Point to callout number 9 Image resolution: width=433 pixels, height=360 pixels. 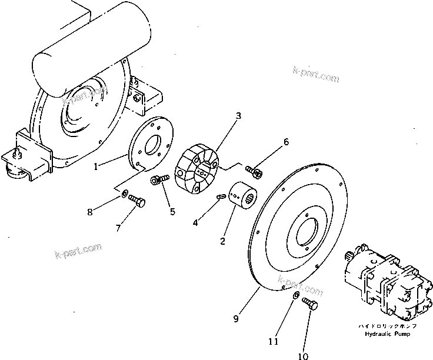(x=236, y=319)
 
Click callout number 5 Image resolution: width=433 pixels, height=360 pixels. (x=172, y=212)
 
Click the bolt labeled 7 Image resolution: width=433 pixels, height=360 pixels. (x=137, y=201)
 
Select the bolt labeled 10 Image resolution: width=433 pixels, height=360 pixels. (x=310, y=304)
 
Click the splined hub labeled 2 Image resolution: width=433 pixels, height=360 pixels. (x=242, y=194)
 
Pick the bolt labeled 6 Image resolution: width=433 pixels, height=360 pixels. (x=254, y=171)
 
